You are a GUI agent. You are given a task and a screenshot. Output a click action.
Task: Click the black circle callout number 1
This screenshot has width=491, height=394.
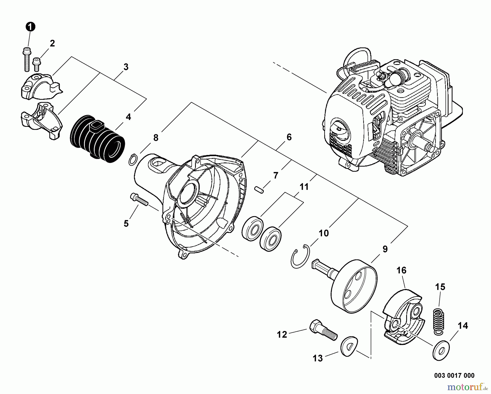tap(30, 27)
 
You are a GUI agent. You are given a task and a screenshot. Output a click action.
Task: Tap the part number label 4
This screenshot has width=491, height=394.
tap(128, 117)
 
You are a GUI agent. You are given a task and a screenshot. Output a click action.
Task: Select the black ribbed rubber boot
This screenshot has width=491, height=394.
tap(98, 139)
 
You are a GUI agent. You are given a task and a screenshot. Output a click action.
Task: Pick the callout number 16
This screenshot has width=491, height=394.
tap(401, 270)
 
